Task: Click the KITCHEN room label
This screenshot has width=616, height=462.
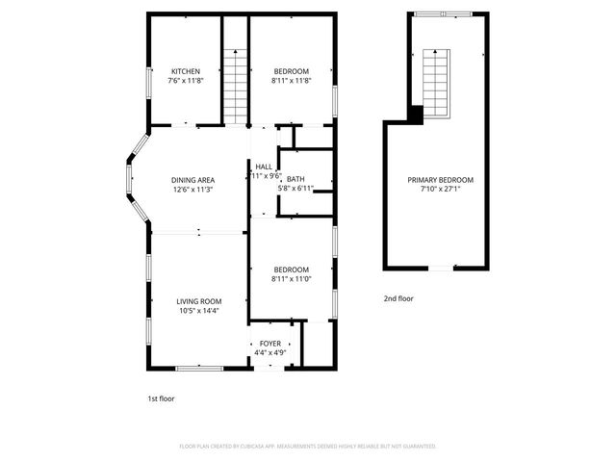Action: pos(186,72)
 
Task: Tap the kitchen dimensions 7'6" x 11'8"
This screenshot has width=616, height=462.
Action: pos(186,82)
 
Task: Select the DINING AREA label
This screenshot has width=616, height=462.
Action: pos(192,180)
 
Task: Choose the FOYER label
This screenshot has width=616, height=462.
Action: pos(269,344)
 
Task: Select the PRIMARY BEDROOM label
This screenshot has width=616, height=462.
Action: pos(441,180)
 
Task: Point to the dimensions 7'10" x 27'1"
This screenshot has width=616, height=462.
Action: pos(441,190)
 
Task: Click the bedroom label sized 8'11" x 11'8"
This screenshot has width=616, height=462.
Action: pos(291,72)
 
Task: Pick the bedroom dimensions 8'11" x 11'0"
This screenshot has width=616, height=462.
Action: pos(291,279)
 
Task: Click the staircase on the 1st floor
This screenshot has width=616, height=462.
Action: pos(237,83)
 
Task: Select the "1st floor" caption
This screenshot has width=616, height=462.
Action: pos(161,398)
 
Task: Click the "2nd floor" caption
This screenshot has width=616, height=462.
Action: pos(398,299)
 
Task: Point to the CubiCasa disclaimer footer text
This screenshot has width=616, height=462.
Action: pos(308,447)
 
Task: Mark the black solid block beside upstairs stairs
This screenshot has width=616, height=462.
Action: pos(415,114)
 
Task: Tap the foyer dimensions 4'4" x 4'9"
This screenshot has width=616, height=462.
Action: pos(269,353)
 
